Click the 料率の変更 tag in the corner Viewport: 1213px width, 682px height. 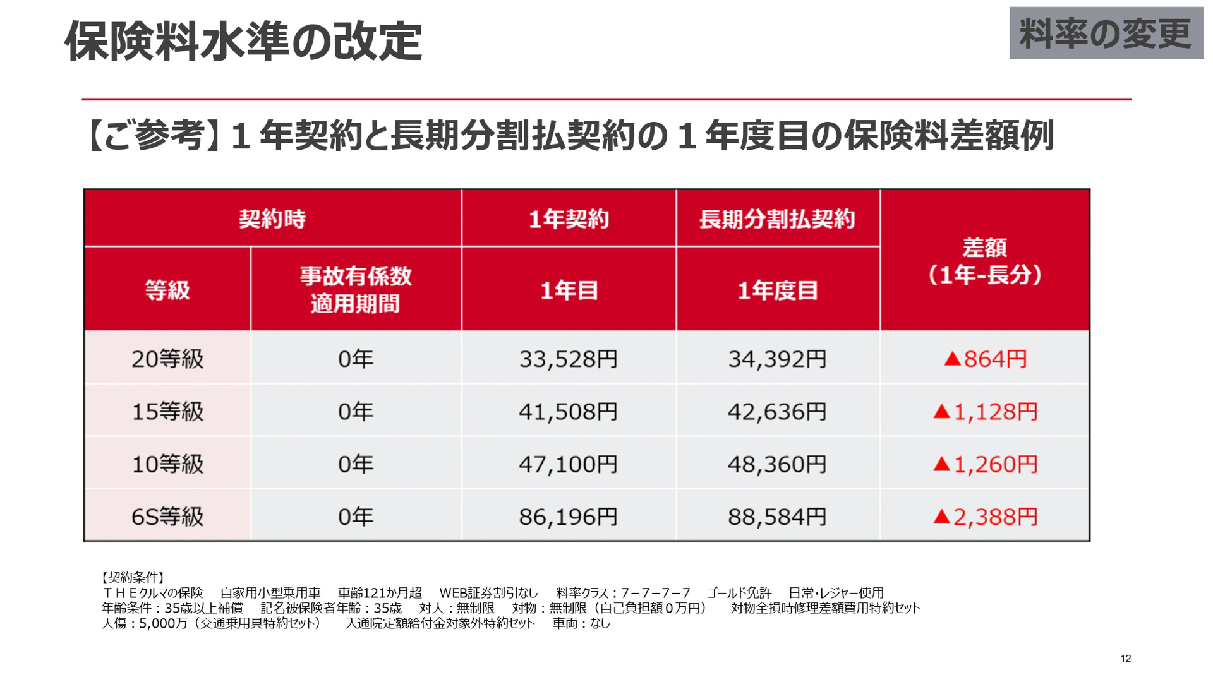coord(1106,33)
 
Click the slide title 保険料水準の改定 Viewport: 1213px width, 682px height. coord(243,42)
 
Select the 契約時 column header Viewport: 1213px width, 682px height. coord(272,218)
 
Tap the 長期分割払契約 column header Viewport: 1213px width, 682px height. coord(777,218)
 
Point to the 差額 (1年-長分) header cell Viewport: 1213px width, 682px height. coord(984,261)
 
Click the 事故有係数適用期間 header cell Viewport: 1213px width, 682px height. coord(356,289)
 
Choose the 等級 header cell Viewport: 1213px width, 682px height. coord(167,290)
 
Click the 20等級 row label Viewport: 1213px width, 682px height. coord(167,359)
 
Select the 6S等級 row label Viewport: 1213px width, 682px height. coord(167,517)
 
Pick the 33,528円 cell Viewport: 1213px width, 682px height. coord(568,359)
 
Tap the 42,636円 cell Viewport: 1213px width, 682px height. coord(777,412)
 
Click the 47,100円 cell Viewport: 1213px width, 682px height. coord(568,464)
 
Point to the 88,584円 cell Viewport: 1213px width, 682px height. coord(777,517)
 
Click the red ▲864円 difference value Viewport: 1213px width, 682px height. coord(985,359)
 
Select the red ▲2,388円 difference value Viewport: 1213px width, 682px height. coord(985,517)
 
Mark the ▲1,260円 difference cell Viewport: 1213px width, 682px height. coord(985,464)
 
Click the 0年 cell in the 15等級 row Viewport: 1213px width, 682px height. coord(356,412)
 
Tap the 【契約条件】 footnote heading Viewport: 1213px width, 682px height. coord(133,577)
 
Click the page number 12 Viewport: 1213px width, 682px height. coord(1125,659)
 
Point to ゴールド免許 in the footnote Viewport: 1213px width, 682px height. coord(739,593)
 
